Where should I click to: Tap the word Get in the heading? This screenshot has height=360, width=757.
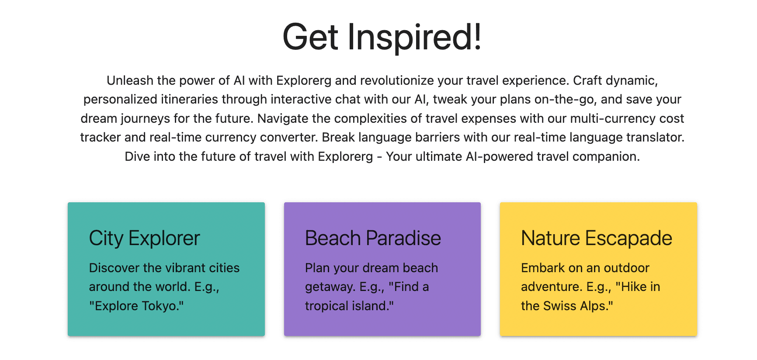coord(311,37)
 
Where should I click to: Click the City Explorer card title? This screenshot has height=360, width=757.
coord(145,239)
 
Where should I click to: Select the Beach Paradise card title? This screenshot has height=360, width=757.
coord(373,238)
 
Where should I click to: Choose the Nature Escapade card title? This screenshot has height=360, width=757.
coord(597,239)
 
